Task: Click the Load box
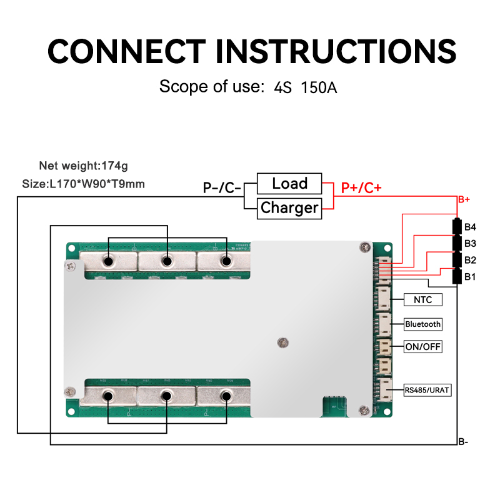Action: (289, 184)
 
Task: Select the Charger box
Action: (289, 208)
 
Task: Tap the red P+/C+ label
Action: (361, 187)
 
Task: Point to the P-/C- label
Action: (222, 187)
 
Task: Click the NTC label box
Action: (423, 300)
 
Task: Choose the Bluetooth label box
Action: (423, 324)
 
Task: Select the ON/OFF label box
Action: (423, 347)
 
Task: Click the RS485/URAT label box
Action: (427, 391)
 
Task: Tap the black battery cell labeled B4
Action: (457, 226)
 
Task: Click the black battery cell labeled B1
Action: (457, 276)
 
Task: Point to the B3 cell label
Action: (471, 243)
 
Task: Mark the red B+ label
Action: (464, 199)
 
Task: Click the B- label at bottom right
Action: (463, 442)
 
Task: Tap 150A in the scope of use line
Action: (319, 87)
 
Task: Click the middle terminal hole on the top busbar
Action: (167, 261)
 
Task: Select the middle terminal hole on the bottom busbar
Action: (167, 396)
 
